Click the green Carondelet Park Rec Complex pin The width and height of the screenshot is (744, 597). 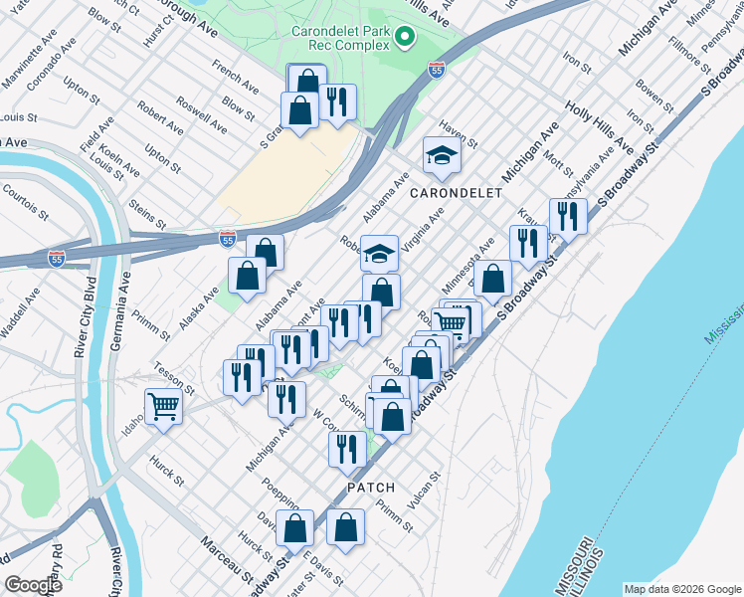tap(404, 39)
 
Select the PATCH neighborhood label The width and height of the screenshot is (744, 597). tap(372, 488)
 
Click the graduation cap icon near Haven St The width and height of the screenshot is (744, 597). tap(443, 155)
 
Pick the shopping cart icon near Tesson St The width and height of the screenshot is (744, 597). tap(163, 405)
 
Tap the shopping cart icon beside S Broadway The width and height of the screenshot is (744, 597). tap(453, 321)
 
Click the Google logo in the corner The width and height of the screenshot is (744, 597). tap(34, 584)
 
